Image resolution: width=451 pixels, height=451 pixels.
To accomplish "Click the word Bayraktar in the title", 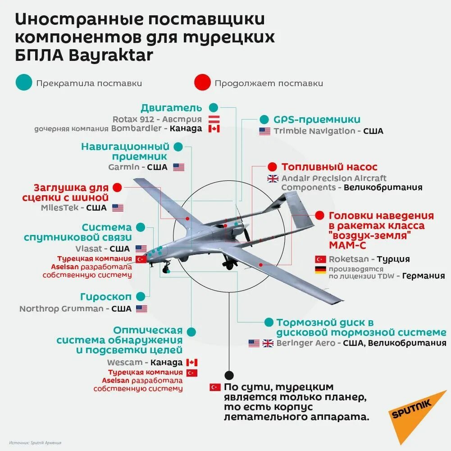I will point(111,55).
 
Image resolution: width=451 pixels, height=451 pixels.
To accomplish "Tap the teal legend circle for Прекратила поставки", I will point(23,83).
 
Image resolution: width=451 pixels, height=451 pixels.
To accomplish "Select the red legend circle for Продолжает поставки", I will point(202,83).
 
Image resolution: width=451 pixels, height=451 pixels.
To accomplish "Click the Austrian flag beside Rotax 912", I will point(214,119).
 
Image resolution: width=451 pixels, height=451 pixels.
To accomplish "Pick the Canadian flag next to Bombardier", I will point(214,129).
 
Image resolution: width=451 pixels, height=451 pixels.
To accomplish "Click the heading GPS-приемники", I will point(317,120).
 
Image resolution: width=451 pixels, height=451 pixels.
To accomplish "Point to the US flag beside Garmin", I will point(179,167).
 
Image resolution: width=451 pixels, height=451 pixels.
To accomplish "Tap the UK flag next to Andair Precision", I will point(273,179).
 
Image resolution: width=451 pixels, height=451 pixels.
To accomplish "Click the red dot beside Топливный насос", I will point(272,166).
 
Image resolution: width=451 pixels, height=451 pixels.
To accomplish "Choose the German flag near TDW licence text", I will point(320,270).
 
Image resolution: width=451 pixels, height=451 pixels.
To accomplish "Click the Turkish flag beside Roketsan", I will point(320,259).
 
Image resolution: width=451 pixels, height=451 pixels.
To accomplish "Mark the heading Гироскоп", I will point(106,297).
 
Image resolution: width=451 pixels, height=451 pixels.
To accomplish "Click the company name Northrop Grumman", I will point(62,309).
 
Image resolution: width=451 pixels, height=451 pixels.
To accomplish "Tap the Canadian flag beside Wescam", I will point(192,363).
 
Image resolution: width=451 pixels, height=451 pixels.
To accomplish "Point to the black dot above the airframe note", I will point(229,375).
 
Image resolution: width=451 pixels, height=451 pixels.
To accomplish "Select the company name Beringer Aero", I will point(306,343).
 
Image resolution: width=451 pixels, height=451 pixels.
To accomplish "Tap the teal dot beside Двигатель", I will point(213,107).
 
